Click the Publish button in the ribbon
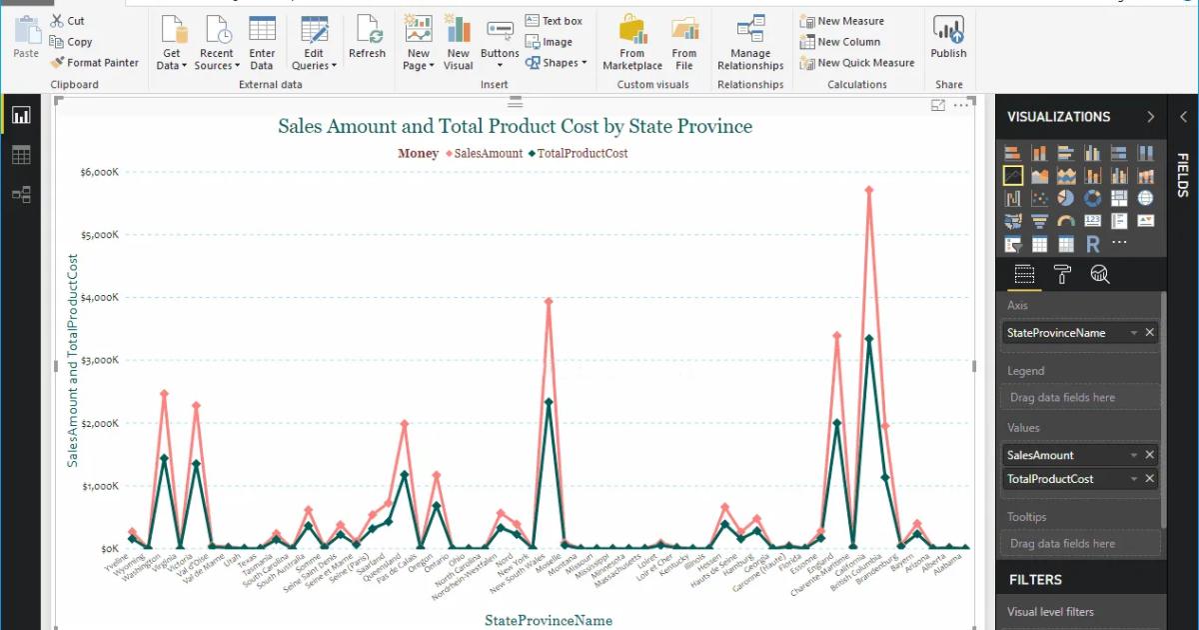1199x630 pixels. click(948, 39)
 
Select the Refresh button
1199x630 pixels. click(367, 39)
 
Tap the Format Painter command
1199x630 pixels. click(95, 63)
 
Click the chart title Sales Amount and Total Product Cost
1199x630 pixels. click(515, 126)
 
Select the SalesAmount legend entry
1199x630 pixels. click(485, 153)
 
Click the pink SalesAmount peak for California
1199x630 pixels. click(869, 189)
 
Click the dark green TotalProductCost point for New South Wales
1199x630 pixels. click(549, 402)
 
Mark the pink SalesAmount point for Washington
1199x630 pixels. click(164, 394)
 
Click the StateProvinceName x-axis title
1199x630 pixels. click(549, 620)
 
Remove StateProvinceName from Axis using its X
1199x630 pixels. click(1149, 333)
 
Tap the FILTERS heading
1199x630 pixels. click(1035, 579)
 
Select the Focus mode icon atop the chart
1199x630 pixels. click(938, 105)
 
